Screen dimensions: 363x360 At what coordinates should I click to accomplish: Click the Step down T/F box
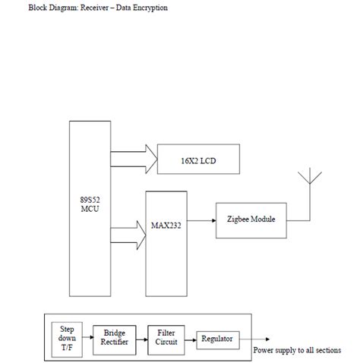click(67, 337)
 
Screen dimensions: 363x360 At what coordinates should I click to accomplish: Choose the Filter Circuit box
click(166, 336)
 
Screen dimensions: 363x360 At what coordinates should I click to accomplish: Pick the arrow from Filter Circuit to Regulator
click(190, 338)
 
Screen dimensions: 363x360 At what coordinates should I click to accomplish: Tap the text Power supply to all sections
click(296, 350)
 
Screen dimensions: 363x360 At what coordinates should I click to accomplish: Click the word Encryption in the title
click(148, 8)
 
